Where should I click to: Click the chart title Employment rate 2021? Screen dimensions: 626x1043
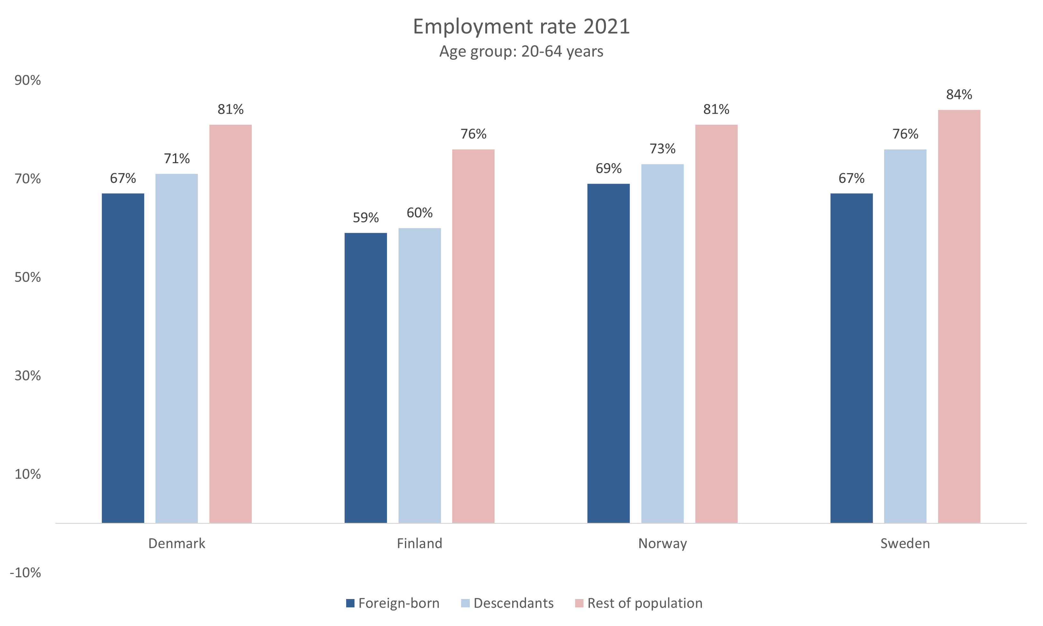[521, 27]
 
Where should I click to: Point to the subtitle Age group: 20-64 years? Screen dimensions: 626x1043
[521, 51]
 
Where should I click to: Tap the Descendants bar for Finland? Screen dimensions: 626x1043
[419, 375]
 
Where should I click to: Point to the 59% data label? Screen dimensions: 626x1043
[366, 218]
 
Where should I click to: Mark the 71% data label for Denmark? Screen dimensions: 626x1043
[177, 159]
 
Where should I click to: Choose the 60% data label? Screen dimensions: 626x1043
[419, 213]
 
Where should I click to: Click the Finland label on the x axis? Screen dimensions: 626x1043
[419, 543]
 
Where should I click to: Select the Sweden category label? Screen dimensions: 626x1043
[905, 543]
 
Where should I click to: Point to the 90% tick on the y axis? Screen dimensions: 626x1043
[28, 80]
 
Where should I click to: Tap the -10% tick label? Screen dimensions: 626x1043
[25, 572]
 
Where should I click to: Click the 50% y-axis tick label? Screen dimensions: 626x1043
[28, 277]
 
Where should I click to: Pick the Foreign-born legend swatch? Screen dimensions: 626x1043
[350, 603]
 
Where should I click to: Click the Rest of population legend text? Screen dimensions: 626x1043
[645, 603]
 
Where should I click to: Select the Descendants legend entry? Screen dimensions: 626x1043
[513, 603]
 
